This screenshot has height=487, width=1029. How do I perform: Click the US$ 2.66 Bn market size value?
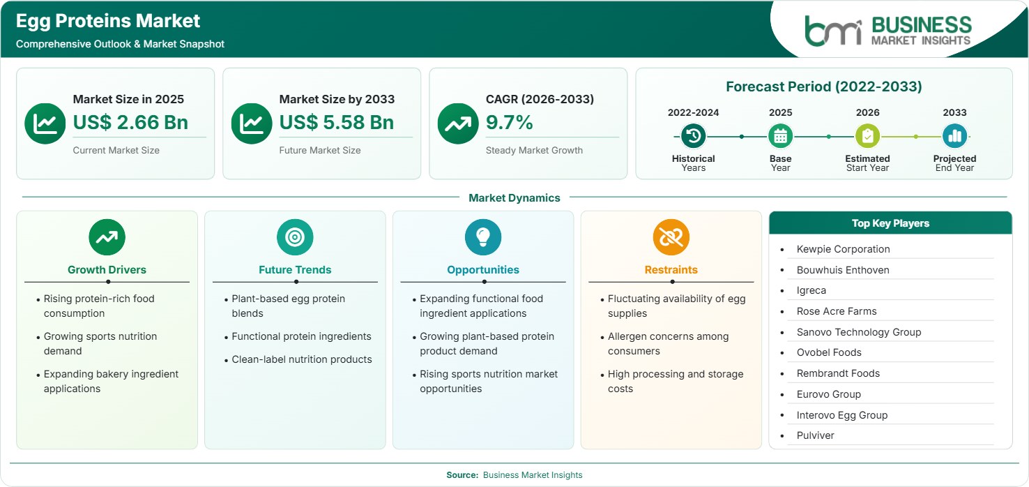(130, 122)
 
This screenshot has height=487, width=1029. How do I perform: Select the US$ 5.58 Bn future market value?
(337, 122)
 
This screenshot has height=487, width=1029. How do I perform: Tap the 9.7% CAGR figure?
(509, 122)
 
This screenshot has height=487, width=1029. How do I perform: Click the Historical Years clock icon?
(693, 136)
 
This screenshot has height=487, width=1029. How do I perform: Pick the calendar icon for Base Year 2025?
(781, 136)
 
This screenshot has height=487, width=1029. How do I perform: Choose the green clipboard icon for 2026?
(867, 136)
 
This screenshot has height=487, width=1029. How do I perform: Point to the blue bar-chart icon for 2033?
(954, 136)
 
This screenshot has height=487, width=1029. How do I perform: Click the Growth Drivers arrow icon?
(107, 237)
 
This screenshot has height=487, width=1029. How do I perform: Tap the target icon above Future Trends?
(295, 237)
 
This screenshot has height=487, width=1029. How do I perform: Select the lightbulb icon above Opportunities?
(483, 237)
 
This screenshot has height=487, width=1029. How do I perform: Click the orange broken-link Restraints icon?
(671, 237)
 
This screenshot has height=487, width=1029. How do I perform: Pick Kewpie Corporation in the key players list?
(843, 249)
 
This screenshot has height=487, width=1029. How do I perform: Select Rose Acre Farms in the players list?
(837, 311)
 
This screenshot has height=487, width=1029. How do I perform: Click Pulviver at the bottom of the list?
(815, 435)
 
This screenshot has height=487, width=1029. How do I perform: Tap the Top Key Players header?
(890, 223)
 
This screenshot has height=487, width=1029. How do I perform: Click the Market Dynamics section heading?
(514, 197)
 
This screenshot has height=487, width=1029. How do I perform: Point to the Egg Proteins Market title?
(108, 21)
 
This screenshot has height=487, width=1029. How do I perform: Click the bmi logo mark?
(833, 31)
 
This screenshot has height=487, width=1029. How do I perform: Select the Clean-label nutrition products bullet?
(302, 359)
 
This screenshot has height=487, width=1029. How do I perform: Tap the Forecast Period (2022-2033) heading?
(823, 87)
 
